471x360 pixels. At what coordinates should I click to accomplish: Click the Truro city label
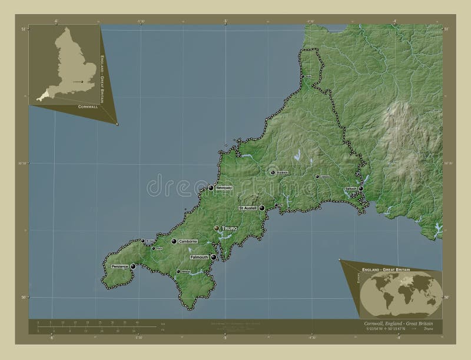pyautogui.click(x=231, y=227)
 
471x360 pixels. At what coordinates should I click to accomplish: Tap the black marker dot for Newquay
pyautogui.click(x=211, y=188)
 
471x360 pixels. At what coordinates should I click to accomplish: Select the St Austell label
pyautogui.click(x=249, y=208)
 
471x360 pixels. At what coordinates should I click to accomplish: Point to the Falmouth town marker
pyautogui.click(x=213, y=257)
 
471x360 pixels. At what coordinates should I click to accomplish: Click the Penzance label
pyautogui.click(x=120, y=267)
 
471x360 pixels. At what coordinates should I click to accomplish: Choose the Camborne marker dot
pyautogui.click(x=174, y=241)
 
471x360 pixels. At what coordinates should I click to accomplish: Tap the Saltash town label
pyautogui.click(x=351, y=189)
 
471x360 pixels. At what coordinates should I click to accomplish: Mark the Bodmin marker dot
pyautogui.click(x=273, y=172)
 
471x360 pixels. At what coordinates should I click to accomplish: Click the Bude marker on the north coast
pyautogui.click(x=303, y=77)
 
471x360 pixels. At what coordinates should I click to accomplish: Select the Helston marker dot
pyautogui.click(x=178, y=271)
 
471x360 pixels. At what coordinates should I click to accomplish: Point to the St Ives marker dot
pyautogui.click(x=142, y=241)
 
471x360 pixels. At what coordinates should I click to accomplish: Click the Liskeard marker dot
pyautogui.click(x=317, y=176)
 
